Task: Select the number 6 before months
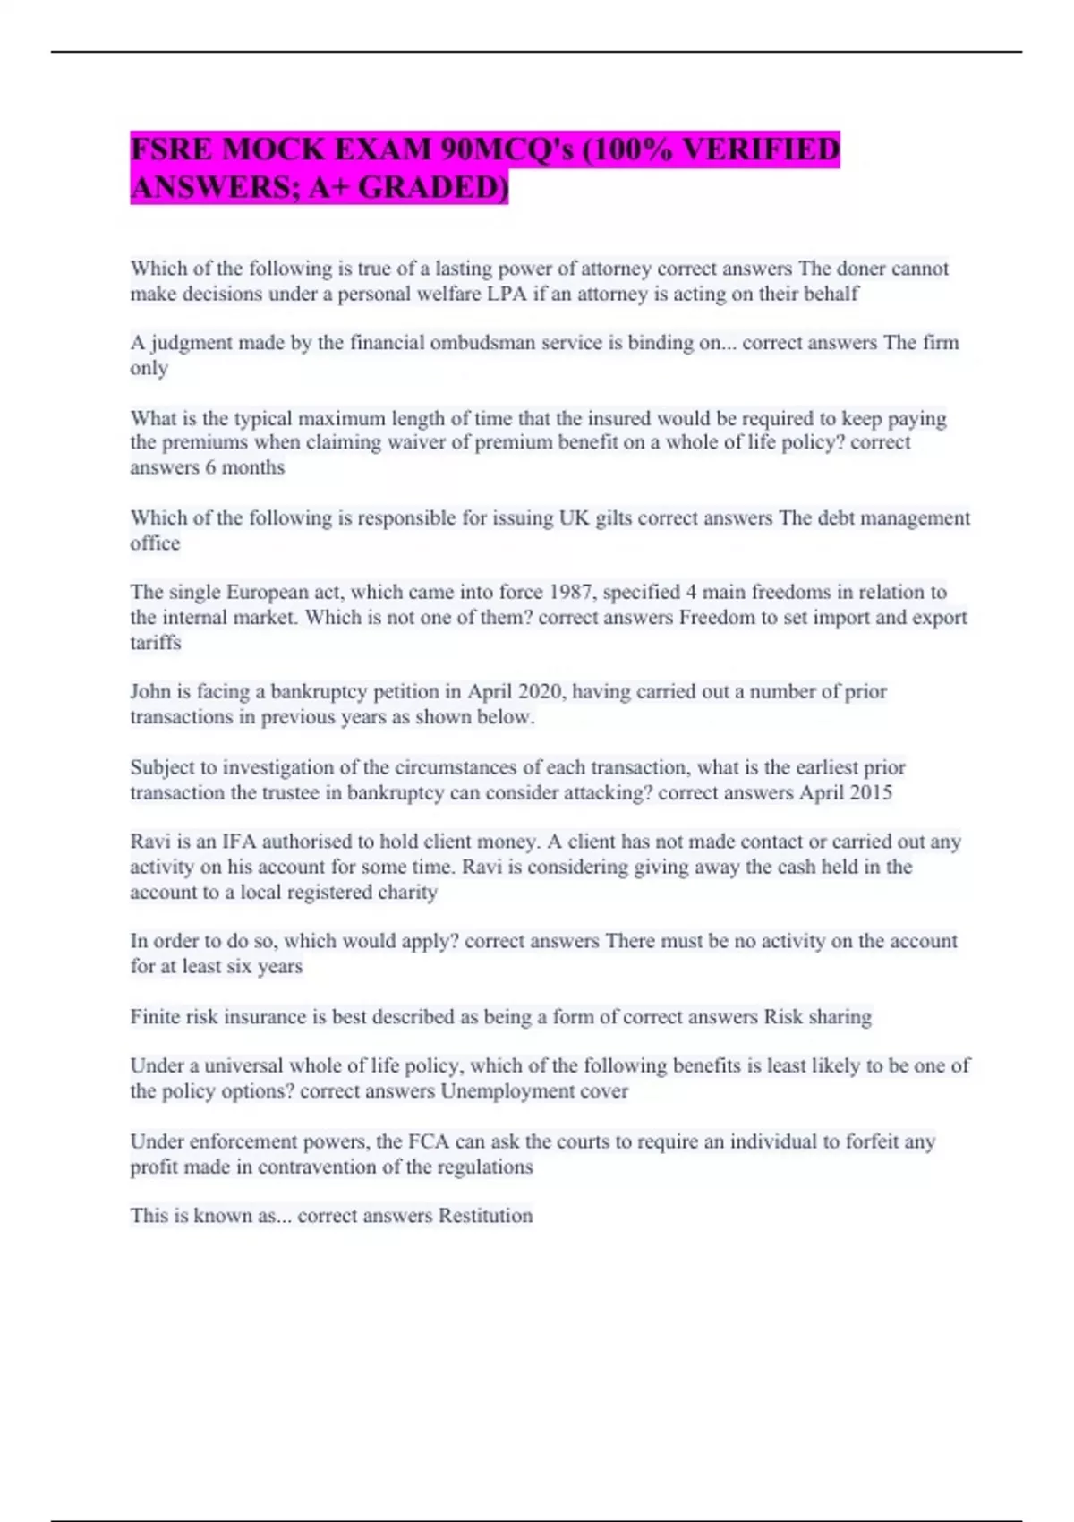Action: pos(210,467)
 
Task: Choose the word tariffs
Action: pos(156,643)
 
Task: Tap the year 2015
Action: pos(869,793)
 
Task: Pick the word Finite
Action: pos(155,1017)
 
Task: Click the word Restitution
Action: pos(485,1216)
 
